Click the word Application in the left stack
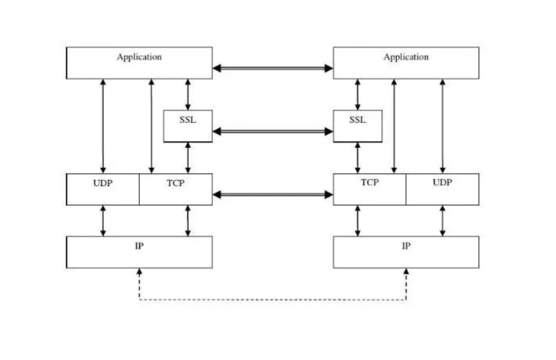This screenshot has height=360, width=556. click(140, 57)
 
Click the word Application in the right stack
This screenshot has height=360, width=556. click(406, 57)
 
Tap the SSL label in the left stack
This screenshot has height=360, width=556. click(188, 120)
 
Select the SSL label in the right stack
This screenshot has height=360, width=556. click(357, 120)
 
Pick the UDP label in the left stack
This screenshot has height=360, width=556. click(103, 183)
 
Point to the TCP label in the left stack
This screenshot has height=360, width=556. click(176, 183)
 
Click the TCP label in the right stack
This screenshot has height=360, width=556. click(370, 182)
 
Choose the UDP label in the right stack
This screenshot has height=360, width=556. click(443, 182)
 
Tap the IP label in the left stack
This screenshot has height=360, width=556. click(139, 246)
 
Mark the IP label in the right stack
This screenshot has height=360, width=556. click(406, 246)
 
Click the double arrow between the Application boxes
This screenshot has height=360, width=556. click(272, 68)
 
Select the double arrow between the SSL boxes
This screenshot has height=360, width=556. click(272, 131)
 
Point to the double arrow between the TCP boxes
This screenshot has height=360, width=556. click(272, 195)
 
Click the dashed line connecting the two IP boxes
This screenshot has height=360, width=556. click(272, 300)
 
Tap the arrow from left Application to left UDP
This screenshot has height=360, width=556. click(103, 126)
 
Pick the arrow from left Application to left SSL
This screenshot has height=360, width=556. click(188, 95)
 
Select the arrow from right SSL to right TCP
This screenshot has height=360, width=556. click(357, 158)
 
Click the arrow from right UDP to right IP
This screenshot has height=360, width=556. click(443, 220)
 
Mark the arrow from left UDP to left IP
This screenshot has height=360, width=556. click(103, 220)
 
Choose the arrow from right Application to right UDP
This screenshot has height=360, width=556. click(443, 126)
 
